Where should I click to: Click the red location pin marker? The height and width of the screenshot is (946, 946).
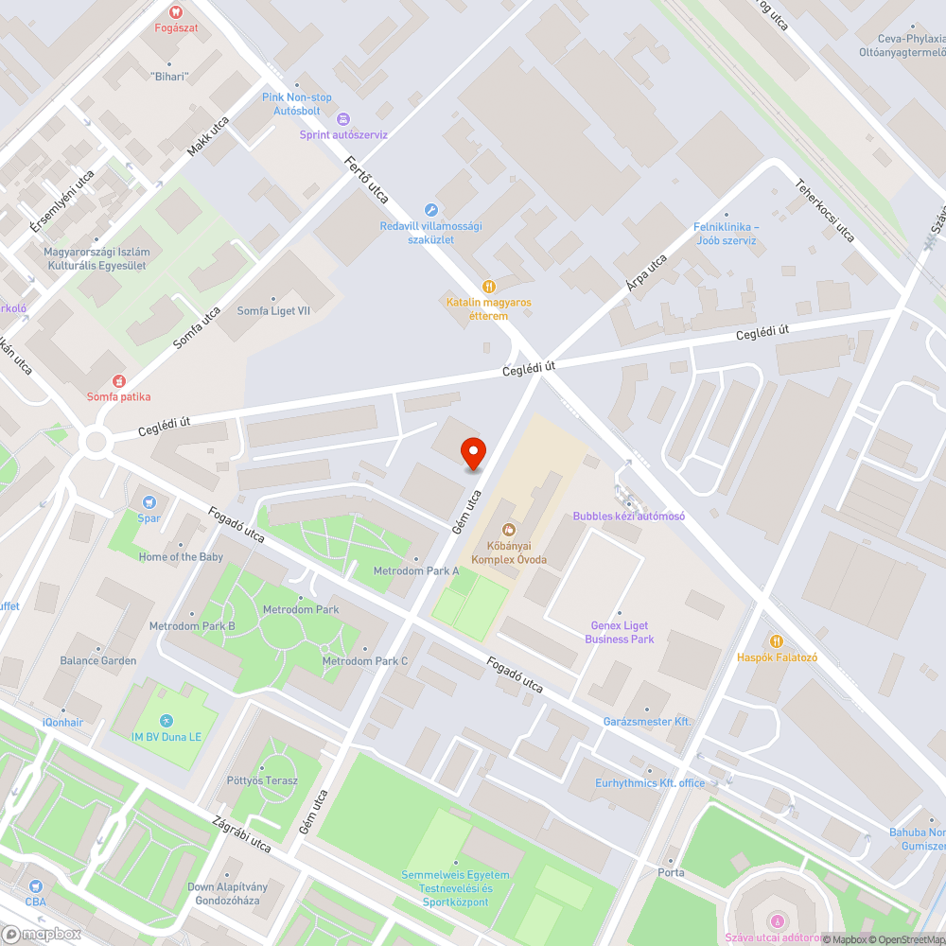pyautogui.click(x=472, y=453)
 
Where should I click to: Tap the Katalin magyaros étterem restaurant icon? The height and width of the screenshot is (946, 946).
pyautogui.click(x=489, y=286)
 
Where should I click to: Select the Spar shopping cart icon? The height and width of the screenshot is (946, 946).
pyautogui.click(x=149, y=501)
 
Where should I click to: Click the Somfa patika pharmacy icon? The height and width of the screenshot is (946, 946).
pyautogui.click(x=118, y=380)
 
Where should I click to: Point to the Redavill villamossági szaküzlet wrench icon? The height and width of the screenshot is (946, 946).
pyautogui.click(x=430, y=210)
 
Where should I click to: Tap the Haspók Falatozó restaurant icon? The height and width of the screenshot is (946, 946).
pyautogui.click(x=777, y=640)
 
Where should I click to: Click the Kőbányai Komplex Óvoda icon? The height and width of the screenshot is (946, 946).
pyautogui.click(x=509, y=530)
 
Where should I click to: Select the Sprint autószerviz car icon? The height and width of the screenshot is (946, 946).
pyautogui.click(x=342, y=119)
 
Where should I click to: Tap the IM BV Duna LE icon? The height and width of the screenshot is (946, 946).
pyautogui.click(x=166, y=721)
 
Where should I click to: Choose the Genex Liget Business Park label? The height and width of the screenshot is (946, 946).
pyautogui.click(x=620, y=633)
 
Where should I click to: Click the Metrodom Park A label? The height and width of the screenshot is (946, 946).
pyautogui.click(x=416, y=571)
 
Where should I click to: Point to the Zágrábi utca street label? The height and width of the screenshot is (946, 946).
pyautogui.click(x=243, y=833)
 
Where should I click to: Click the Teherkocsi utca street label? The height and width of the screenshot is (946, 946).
pyautogui.click(x=825, y=210)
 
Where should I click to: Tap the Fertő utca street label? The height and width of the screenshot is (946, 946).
pyautogui.click(x=367, y=180)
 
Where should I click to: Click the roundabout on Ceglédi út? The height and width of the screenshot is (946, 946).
pyautogui.click(x=95, y=442)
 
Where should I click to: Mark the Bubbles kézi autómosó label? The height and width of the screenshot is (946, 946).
pyautogui.click(x=628, y=517)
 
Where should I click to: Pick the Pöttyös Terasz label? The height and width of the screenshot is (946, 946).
pyautogui.click(x=263, y=780)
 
